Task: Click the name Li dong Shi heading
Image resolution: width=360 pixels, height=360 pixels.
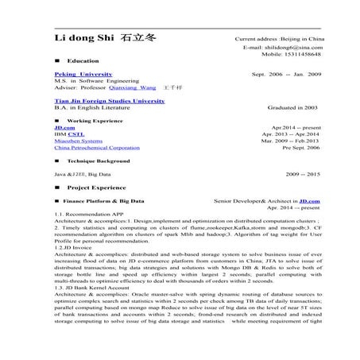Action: click(83, 40)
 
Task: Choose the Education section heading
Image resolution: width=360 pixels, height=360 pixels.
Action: click(83, 60)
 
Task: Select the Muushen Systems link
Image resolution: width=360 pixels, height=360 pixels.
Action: click(78, 141)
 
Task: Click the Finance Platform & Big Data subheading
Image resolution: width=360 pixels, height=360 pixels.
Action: click(104, 202)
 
